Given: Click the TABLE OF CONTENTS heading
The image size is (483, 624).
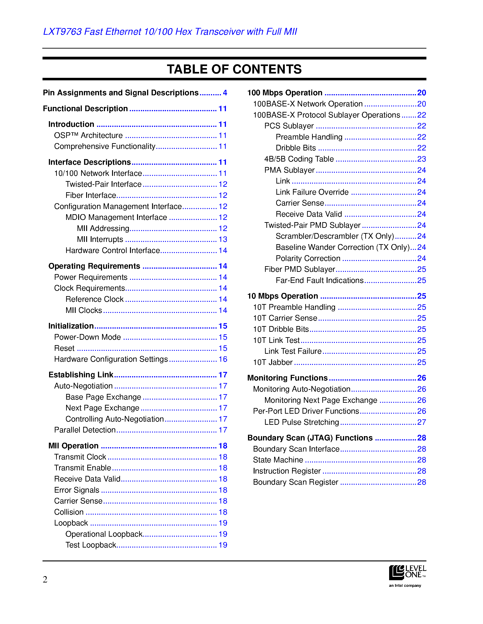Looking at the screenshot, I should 234,69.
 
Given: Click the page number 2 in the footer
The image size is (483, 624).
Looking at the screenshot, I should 45,580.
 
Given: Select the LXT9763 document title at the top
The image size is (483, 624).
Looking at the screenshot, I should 170,32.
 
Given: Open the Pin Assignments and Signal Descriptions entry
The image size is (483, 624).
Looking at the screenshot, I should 120,93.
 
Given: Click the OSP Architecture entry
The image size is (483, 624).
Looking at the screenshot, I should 88,135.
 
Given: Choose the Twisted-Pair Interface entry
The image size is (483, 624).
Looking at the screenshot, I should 103,184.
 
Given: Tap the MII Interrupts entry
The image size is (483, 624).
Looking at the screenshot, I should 100,239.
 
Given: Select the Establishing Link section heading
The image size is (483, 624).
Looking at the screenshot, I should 81,375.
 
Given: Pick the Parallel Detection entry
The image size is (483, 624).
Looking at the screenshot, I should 85,430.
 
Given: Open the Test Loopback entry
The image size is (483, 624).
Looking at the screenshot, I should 91,545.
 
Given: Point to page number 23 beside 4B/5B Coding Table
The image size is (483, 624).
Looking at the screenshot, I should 421,159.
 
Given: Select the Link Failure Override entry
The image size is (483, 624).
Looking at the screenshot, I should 312,192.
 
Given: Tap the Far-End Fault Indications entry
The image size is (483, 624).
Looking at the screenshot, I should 319,280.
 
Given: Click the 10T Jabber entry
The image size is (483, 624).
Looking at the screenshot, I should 273,362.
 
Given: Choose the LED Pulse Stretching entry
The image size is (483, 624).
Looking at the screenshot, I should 302,422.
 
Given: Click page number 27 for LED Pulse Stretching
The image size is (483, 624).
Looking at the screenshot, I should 421,422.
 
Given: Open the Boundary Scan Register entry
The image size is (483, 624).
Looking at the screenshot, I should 295,482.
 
